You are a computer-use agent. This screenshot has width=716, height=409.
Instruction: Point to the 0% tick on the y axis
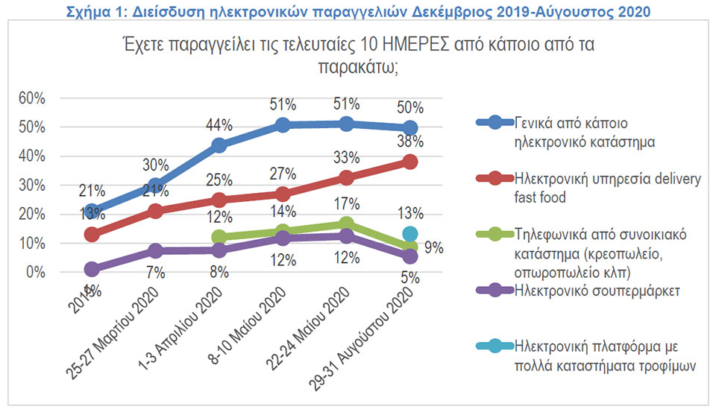[x=34, y=273]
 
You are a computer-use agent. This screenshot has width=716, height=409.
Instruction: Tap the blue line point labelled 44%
[x=219, y=145]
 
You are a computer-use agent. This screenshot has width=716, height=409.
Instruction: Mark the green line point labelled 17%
[x=346, y=224]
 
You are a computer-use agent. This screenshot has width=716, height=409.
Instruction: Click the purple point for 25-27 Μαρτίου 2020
[x=155, y=251]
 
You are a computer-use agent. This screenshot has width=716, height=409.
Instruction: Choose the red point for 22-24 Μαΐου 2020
[x=346, y=177]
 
